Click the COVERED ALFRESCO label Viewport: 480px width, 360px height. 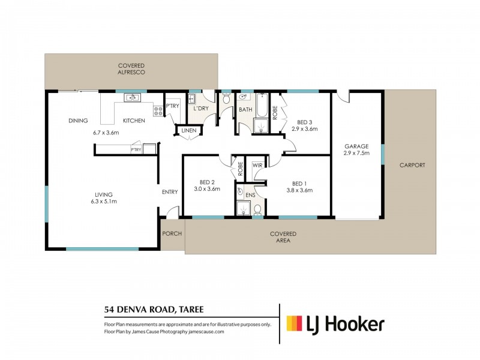131,69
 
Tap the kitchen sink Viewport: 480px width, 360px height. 132,98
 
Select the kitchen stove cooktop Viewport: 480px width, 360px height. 158,111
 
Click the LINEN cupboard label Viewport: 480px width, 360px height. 189,130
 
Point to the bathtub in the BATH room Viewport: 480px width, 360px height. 262,106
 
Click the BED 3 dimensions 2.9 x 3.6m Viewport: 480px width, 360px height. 305,129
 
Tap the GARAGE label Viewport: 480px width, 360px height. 356,146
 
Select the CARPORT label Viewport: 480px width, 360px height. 412,165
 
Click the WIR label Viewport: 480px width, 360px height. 257,166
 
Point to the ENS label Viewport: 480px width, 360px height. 250,195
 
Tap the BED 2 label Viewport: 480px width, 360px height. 207,182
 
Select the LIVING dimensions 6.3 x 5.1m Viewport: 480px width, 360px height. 104,202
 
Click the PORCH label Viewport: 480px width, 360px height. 172,233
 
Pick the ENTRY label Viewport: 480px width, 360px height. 170,192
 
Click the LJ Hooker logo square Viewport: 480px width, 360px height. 294,323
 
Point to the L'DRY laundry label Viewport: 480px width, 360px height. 201,109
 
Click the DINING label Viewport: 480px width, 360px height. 78,121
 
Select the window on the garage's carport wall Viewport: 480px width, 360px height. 383,154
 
